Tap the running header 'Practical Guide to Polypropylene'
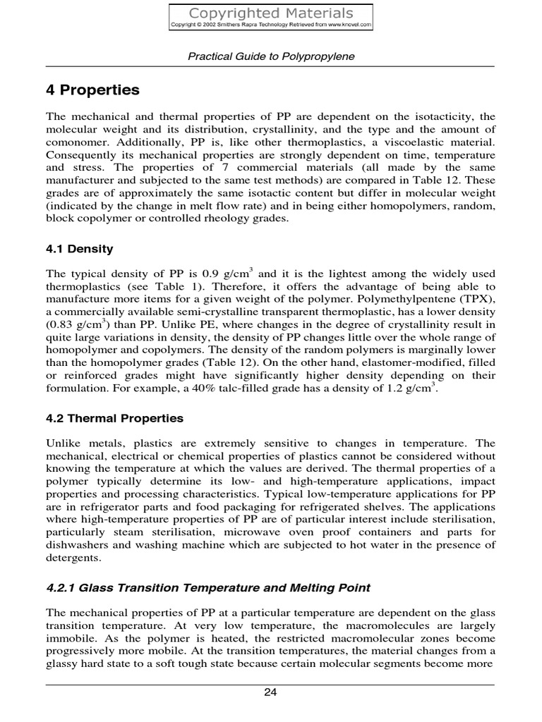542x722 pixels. (x=271, y=56)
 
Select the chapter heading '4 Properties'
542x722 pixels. (x=92, y=90)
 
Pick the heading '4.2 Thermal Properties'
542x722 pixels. (x=114, y=418)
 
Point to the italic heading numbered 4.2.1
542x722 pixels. (x=208, y=587)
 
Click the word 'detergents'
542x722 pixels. (x=73, y=557)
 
